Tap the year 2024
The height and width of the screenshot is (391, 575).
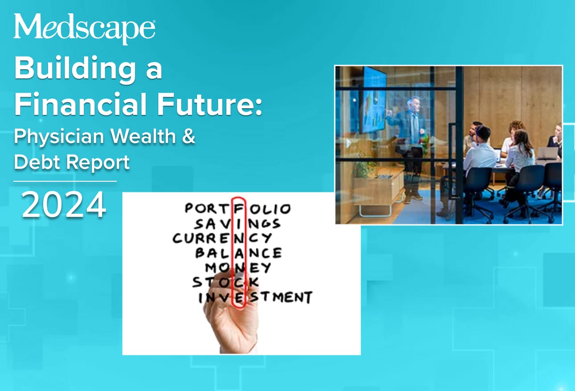[x=64, y=205]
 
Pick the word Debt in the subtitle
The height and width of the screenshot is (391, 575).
[x=37, y=163]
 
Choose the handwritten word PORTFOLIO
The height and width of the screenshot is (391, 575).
[x=238, y=208]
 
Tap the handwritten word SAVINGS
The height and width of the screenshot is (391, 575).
[x=237, y=223]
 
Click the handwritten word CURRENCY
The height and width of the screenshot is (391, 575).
[x=222, y=238]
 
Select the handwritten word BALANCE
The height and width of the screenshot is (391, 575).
[x=238, y=253]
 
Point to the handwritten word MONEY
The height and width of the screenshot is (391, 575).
[x=238, y=268]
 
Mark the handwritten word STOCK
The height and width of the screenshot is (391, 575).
[x=225, y=282]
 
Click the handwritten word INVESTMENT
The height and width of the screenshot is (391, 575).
[x=255, y=297]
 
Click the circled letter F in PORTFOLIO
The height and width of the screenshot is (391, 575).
[x=240, y=208]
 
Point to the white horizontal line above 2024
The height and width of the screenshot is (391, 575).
[x=65, y=181]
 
